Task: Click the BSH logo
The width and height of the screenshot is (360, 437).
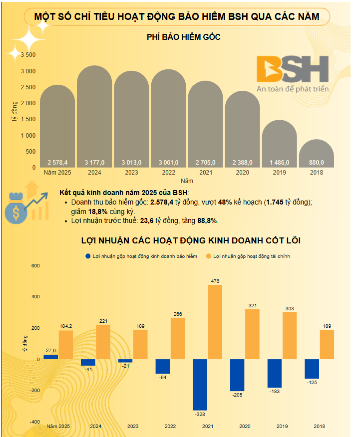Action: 292,69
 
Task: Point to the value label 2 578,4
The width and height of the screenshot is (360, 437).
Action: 57,163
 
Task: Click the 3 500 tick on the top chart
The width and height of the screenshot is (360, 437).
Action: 28,55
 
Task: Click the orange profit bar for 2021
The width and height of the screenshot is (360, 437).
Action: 215,322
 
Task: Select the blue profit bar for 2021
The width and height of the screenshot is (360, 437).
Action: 200,384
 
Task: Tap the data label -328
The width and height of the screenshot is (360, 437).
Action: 200,414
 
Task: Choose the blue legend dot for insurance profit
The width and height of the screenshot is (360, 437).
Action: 88,256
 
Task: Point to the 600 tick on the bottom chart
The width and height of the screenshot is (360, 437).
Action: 35,266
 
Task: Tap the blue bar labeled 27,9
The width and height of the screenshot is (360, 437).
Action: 51,357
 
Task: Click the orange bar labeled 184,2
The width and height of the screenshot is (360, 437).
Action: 65,345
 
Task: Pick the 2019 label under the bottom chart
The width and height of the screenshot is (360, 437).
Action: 282,427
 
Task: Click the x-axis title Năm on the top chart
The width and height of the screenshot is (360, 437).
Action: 187,181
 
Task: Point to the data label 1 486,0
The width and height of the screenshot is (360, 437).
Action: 279,163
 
